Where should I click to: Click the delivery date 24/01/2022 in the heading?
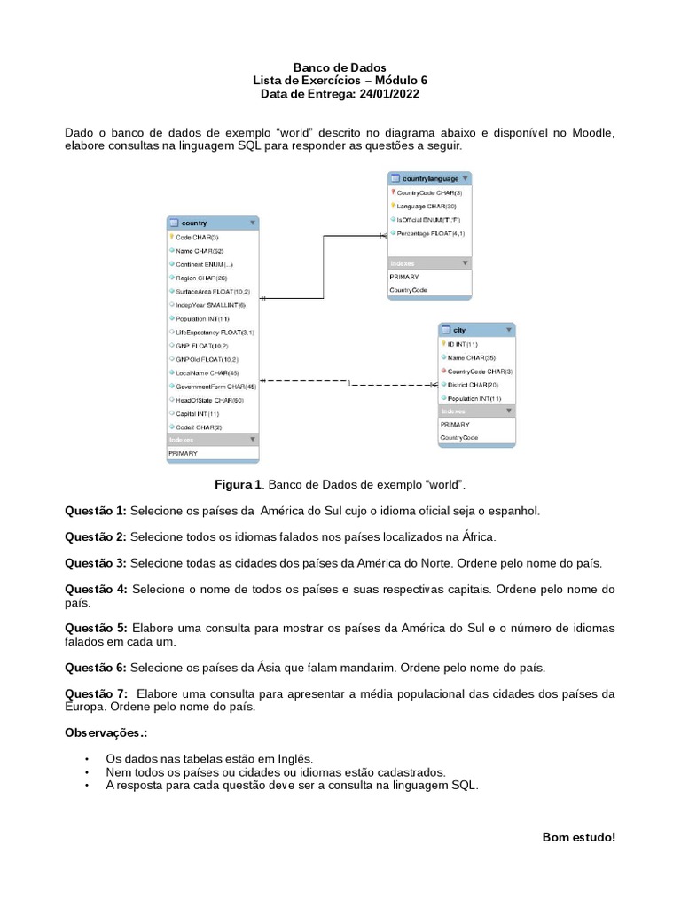click(386, 93)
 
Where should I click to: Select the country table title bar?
click(212, 223)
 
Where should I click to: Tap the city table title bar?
click(476, 329)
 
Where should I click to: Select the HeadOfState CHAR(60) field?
click(209, 400)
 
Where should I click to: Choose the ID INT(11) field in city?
click(462, 344)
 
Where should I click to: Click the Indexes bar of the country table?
click(212, 440)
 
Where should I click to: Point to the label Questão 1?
click(96, 511)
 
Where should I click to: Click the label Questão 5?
click(96, 628)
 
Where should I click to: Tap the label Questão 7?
click(96, 693)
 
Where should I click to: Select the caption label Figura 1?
click(239, 485)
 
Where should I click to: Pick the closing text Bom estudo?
click(578, 837)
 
